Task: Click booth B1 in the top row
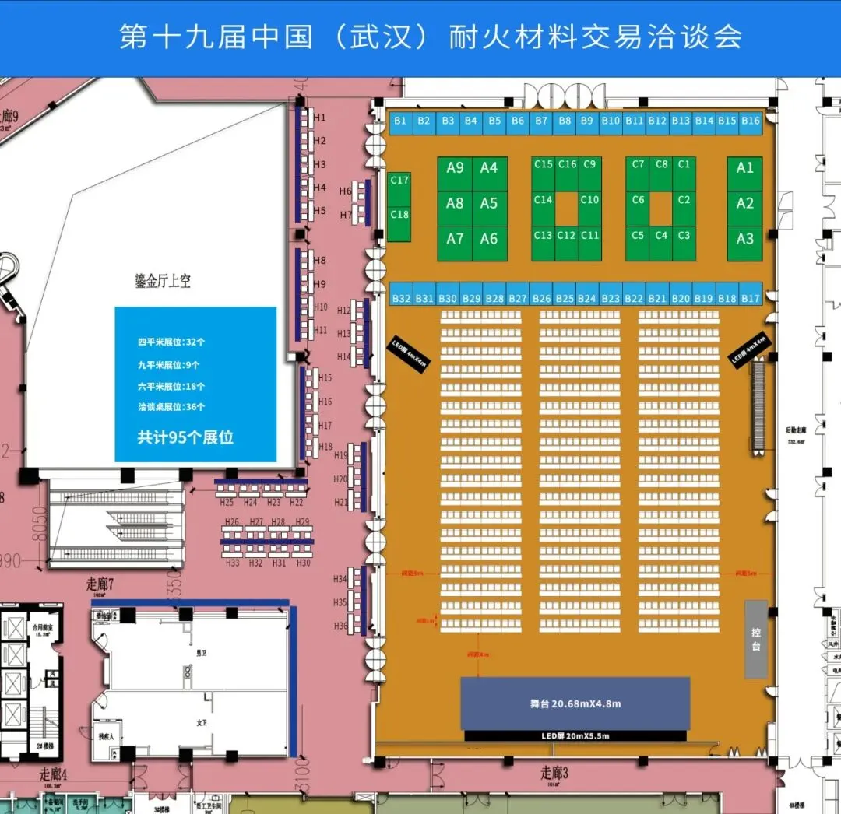[x=400, y=121]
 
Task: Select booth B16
[x=750, y=121]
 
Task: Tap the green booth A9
[x=455, y=168]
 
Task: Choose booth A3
[x=745, y=239]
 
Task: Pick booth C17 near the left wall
[x=399, y=181]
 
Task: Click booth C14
[x=544, y=200]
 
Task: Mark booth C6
[x=638, y=200]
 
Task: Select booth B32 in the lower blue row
[x=401, y=299]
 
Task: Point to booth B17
[x=750, y=299]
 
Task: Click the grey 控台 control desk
[x=756, y=639]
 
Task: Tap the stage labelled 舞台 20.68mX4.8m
[x=575, y=704]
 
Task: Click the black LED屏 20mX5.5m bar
[x=575, y=735]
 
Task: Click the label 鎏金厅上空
[x=163, y=281]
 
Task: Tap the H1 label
[x=320, y=118]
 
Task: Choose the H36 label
[x=340, y=626]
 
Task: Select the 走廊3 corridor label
[x=555, y=773]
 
